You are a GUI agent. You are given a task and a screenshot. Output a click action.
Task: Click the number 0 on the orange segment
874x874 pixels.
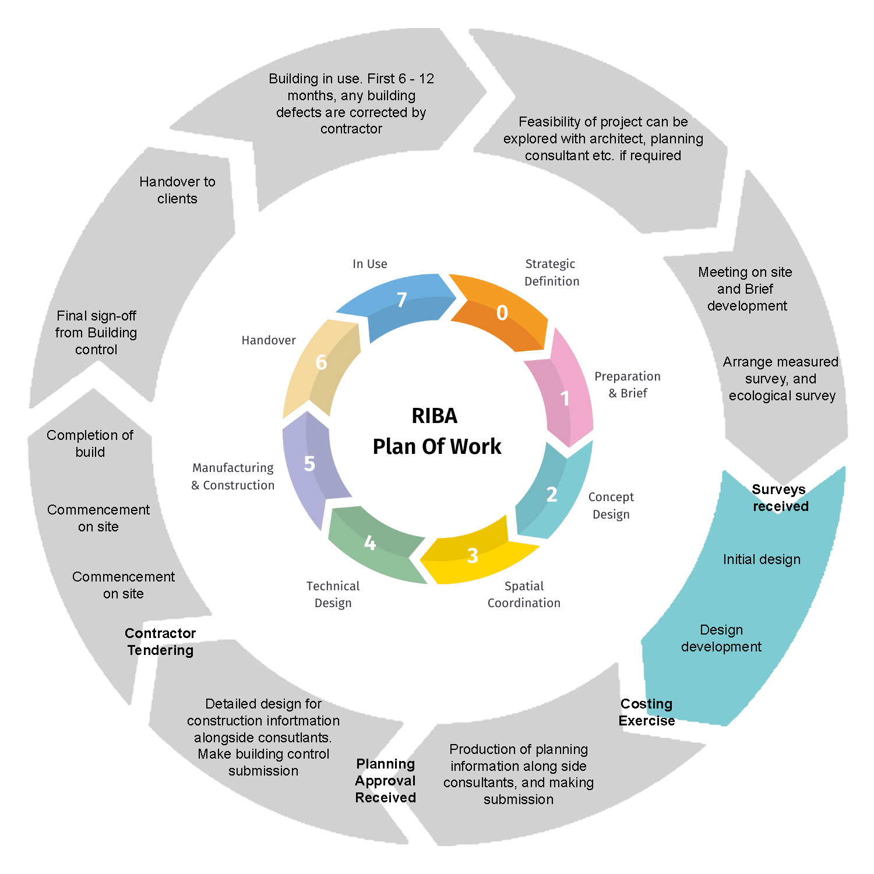point(502,313)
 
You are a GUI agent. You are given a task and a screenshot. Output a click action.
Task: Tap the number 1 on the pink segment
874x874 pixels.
point(565,399)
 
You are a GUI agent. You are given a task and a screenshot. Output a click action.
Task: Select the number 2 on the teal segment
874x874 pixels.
point(551,494)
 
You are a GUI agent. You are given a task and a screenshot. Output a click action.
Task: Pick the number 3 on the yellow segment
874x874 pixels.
point(473,555)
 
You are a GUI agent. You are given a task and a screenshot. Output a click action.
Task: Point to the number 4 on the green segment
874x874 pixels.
point(369,543)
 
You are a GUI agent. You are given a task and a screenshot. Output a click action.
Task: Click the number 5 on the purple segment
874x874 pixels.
point(309,464)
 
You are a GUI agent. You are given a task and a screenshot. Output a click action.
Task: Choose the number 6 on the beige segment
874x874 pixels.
point(321,362)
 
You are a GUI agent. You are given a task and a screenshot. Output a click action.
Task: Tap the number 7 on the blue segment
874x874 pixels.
point(401,300)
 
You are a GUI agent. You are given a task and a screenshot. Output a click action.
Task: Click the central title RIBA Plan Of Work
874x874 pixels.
point(436,431)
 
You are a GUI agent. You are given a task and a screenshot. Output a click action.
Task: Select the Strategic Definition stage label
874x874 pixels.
point(551,273)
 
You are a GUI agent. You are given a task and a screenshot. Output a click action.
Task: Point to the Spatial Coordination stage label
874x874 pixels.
point(524,594)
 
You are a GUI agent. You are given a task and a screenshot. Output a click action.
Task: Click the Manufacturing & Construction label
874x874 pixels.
point(233,476)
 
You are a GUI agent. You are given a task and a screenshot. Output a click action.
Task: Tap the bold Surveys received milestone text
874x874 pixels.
point(780,498)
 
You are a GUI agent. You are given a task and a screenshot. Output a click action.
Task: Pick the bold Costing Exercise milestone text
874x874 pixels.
point(647,712)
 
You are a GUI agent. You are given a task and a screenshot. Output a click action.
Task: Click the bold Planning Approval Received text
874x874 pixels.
point(385,781)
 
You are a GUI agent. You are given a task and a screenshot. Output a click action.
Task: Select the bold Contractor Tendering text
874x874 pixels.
point(160,642)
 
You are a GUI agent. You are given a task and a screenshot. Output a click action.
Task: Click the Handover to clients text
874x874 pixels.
point(177,190)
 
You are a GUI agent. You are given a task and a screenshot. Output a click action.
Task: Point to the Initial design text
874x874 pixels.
point(762,559)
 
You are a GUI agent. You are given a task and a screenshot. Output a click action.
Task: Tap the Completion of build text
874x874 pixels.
point(90,443)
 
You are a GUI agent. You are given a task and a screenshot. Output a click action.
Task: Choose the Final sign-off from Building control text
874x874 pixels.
point(96,333)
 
